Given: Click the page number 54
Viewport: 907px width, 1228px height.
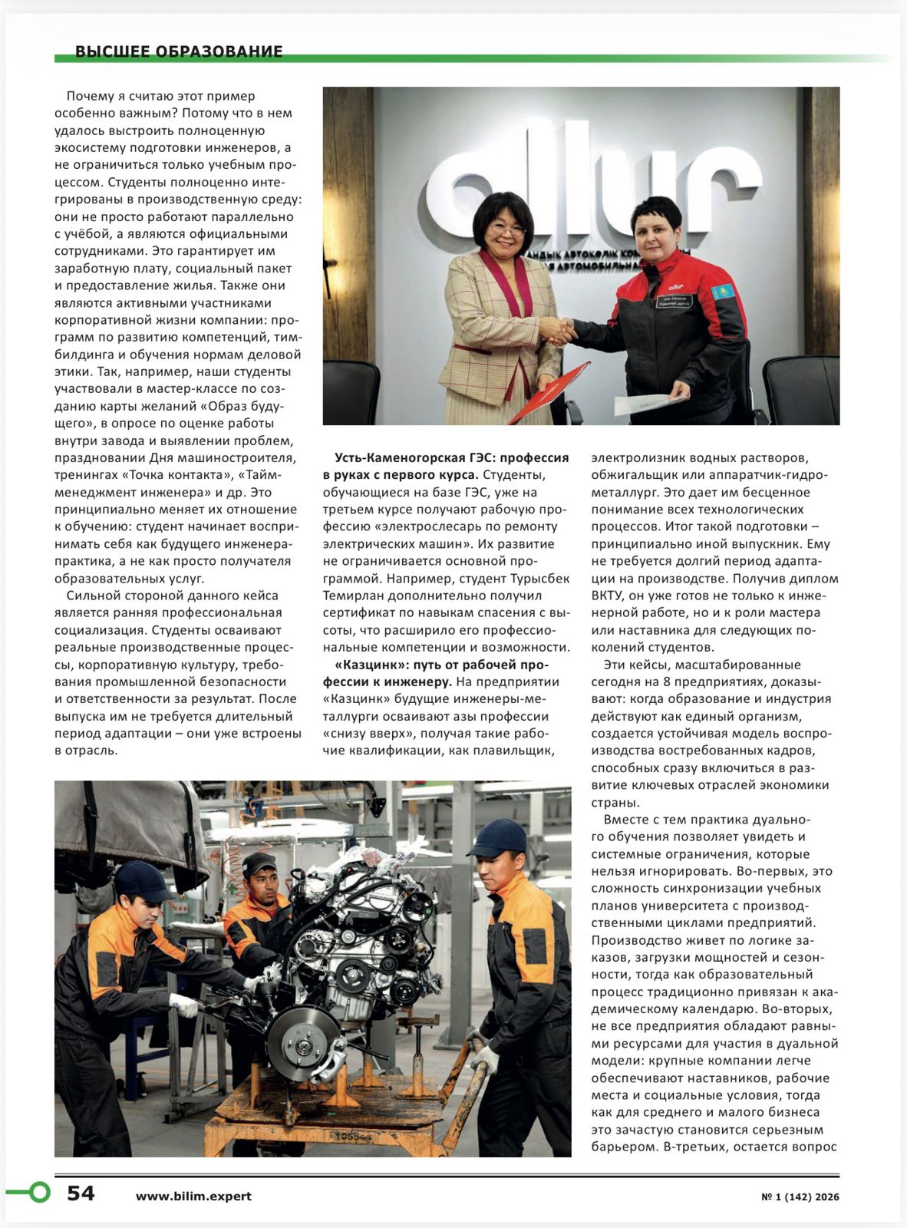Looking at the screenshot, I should (81, 1193).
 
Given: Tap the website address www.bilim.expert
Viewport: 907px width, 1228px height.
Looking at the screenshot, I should (193, 1196).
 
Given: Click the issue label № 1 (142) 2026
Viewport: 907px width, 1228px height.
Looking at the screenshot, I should (800, 1197).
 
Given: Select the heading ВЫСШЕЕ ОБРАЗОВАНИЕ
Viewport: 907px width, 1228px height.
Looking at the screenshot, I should (179, 51).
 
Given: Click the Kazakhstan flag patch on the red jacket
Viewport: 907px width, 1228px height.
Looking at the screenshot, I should (722, 292).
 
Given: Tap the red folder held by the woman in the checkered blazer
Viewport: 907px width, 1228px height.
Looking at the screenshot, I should (549, 392).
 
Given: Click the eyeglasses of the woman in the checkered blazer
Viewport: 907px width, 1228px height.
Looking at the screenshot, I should (506, 228).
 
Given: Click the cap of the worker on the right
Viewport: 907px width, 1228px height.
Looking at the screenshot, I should (498, 837).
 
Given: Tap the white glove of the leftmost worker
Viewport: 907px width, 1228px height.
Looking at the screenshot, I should (184, 1004).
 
